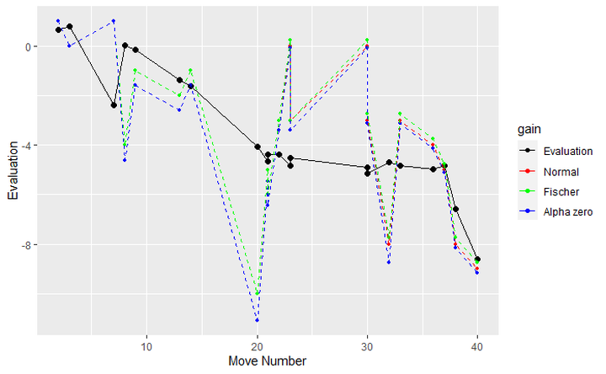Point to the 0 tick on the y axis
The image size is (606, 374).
click(28, 46)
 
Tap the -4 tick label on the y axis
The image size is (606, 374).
click(25, 146)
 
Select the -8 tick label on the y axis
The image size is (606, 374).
click(25, 245)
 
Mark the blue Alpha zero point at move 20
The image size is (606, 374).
click(257, 321)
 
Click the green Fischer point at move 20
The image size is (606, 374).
click(257, 295)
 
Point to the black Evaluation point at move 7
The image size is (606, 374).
click(114, 105)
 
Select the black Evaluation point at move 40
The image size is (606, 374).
click(477, 259)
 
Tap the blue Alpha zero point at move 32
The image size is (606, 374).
click(389, 263)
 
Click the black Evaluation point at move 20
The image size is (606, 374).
click(257, 147)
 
